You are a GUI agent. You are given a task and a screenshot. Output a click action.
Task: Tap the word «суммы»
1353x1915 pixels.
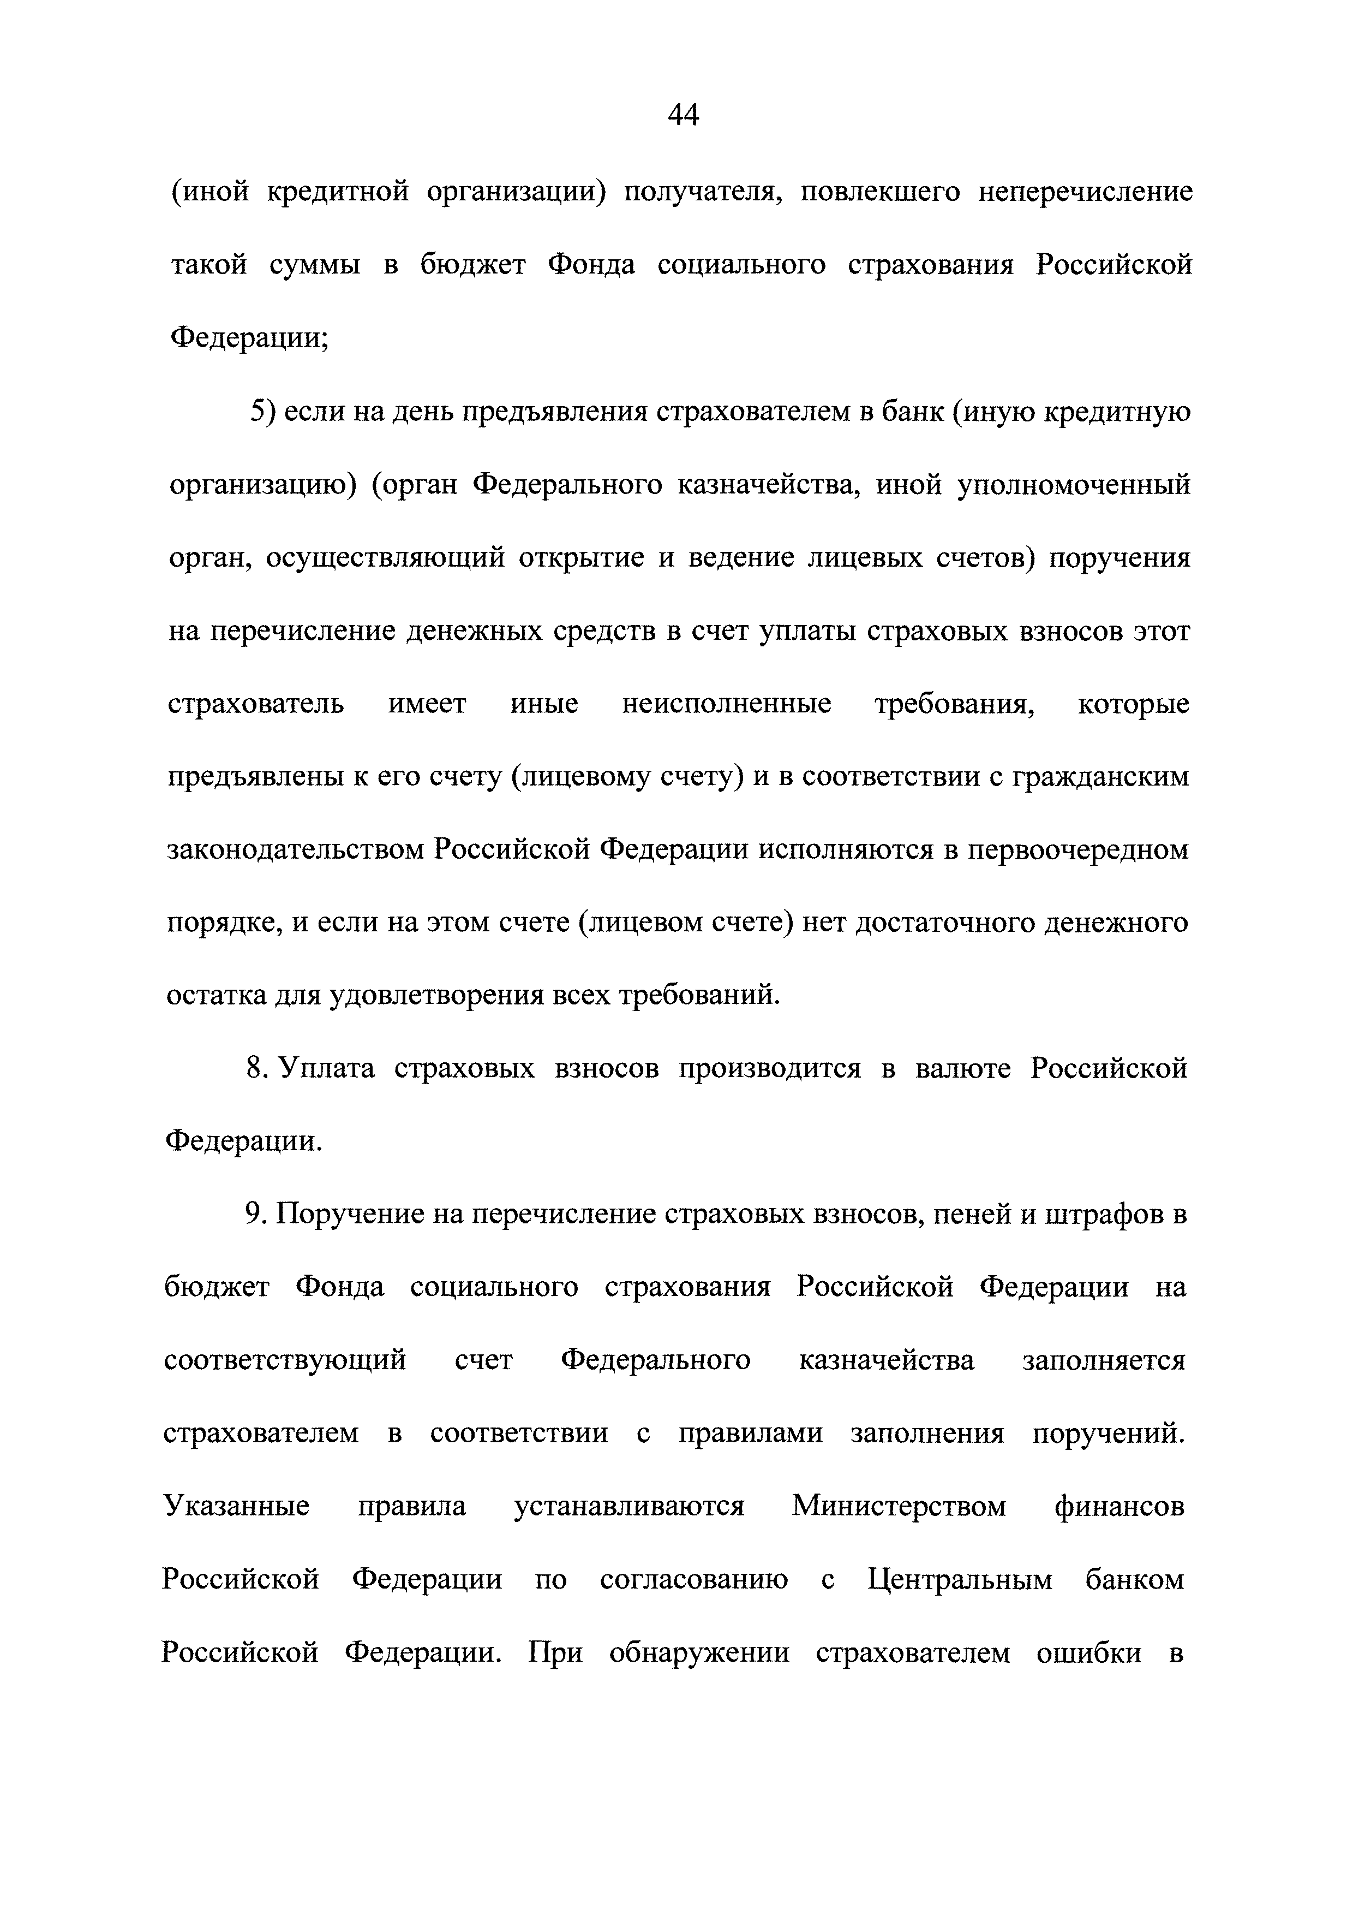[x=315, y=266]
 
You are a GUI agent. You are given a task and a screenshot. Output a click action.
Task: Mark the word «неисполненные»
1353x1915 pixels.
[x=726, y=704]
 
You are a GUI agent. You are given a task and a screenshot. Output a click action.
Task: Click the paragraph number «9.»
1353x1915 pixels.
[x=255, y=1215]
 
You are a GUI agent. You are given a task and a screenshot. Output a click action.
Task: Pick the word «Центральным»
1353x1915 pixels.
[x=960, y=1580]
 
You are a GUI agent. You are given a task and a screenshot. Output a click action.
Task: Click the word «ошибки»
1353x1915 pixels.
[x=1089, y=1653]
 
